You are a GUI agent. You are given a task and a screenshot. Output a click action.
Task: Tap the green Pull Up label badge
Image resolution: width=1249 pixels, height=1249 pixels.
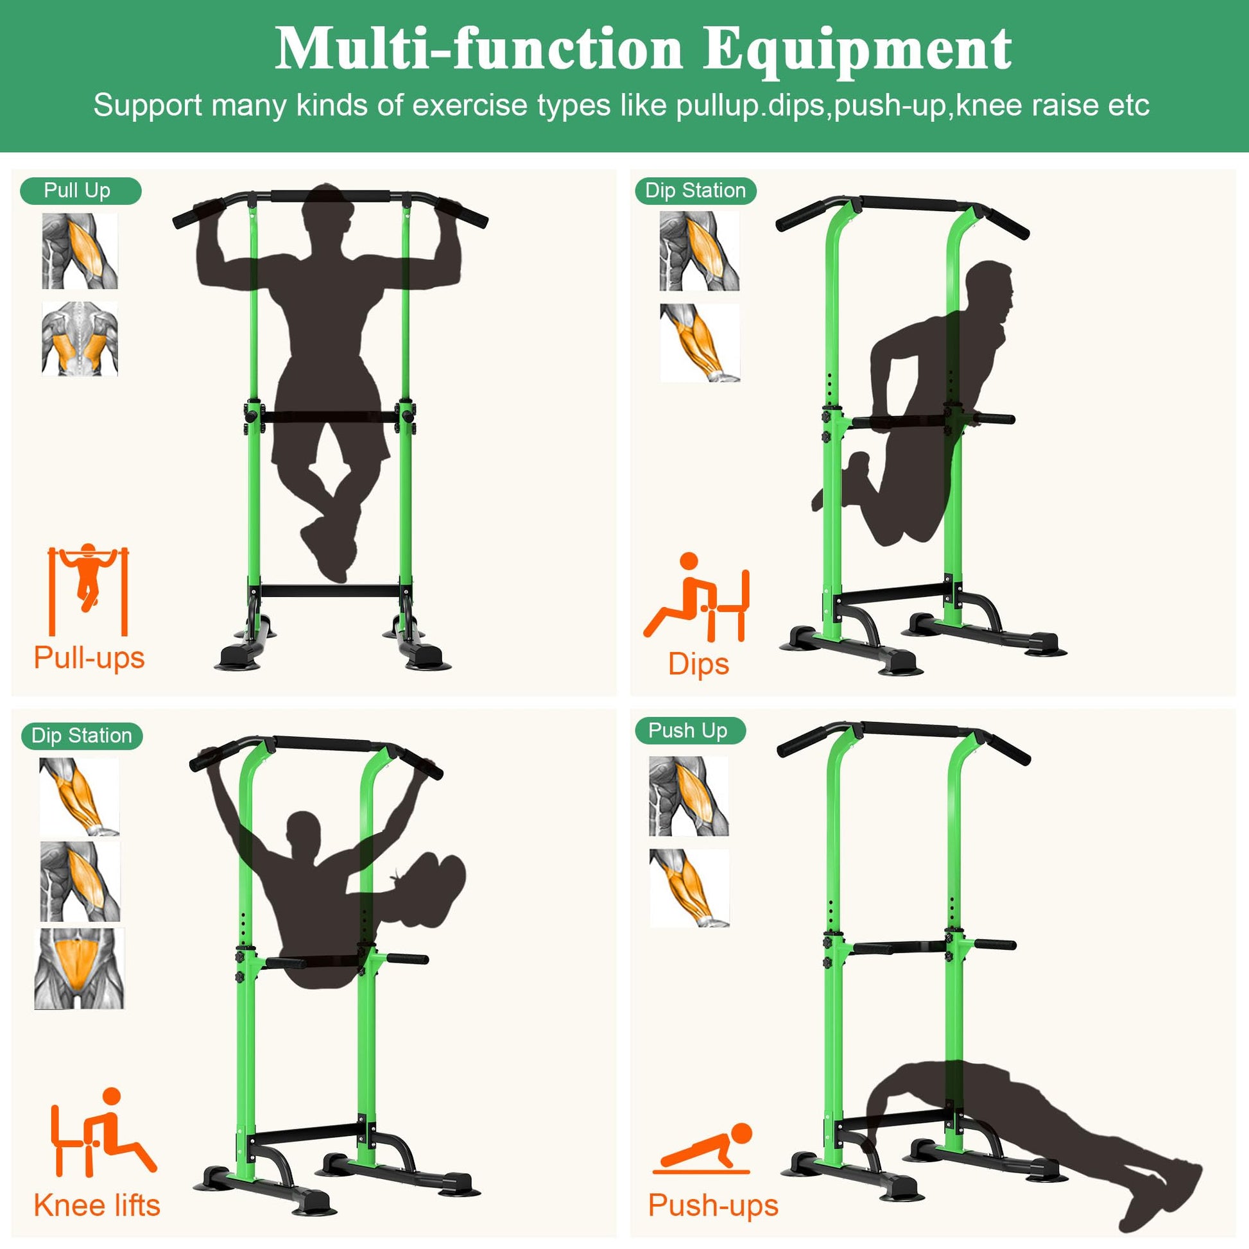point(80,191)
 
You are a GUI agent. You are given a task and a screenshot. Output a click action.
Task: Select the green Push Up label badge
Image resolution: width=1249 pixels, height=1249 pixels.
point(689,730)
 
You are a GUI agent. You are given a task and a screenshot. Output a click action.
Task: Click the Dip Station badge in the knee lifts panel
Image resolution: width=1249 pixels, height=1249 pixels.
point(82,736)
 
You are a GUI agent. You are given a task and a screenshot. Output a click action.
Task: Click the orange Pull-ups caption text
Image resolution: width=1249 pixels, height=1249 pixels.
point(89,658)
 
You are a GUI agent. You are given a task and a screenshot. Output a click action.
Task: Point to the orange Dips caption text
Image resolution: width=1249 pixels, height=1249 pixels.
point(698,664)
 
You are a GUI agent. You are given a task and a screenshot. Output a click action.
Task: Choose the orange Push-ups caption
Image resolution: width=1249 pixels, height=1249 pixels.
point(713,1205)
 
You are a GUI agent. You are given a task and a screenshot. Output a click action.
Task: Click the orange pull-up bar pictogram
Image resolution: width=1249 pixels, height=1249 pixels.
point(89,590)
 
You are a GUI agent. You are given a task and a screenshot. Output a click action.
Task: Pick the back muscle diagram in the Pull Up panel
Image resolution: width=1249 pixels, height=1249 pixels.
point(80,338)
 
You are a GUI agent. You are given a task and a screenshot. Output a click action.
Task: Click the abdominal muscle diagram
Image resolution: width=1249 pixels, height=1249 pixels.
point(80,969)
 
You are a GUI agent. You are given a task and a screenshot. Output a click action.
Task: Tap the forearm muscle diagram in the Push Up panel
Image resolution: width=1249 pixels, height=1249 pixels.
point(690,888)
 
